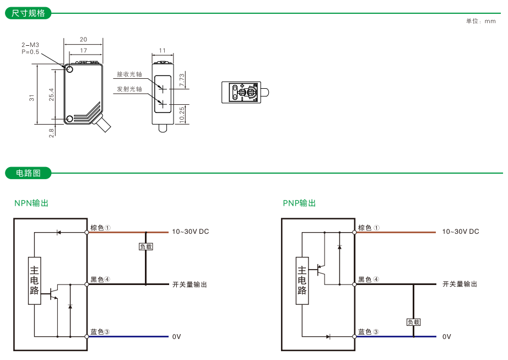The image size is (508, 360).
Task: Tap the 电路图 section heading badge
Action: (x=28, y=173)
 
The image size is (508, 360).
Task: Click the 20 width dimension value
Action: (x=83, y=40)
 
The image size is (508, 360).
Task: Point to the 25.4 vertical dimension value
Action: (x=51, y=94)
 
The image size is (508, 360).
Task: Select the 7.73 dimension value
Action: (x=182, y=79)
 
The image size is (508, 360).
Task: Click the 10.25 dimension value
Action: (x=182, y=115)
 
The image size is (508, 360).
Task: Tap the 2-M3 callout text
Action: (x=30, y=45)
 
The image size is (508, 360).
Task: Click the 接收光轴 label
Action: (x=129, y=74)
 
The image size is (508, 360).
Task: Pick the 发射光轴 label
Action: (x=129, y=89)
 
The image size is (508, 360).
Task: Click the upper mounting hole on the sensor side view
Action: (x=69, y=69)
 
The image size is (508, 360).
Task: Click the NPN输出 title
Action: (x=31, y=203)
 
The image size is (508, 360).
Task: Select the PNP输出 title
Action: (x=299, y=203)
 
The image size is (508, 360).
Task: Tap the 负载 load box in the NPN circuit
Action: (x=145, y=247)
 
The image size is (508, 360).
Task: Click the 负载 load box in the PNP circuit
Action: (x=413, y=322)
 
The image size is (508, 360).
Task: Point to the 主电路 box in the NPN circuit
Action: (x=34, y=281)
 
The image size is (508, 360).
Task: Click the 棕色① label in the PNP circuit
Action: (x=369, y=228)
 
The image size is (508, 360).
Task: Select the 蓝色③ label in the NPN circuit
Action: (x=100, y=332)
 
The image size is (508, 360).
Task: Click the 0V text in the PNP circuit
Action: (x=446, y=336)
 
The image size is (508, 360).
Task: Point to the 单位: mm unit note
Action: (x=480, y=21)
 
